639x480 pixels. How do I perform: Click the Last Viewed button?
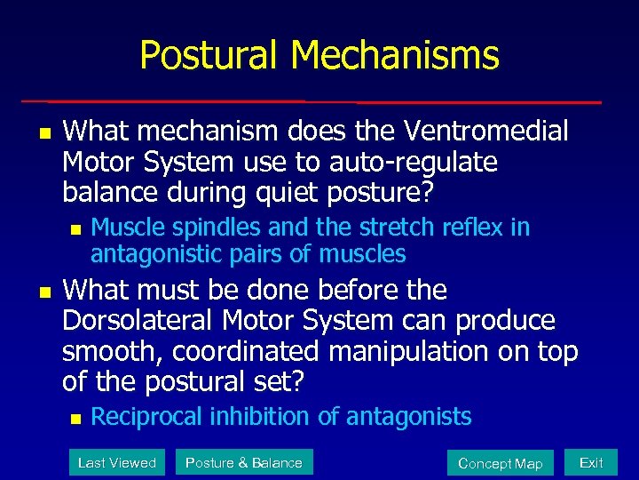point(116,462)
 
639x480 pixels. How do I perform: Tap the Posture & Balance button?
point(243,462)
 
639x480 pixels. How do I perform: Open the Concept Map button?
point(500,463)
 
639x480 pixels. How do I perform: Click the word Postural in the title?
point(209,55)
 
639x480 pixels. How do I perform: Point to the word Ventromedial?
point(485,132)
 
